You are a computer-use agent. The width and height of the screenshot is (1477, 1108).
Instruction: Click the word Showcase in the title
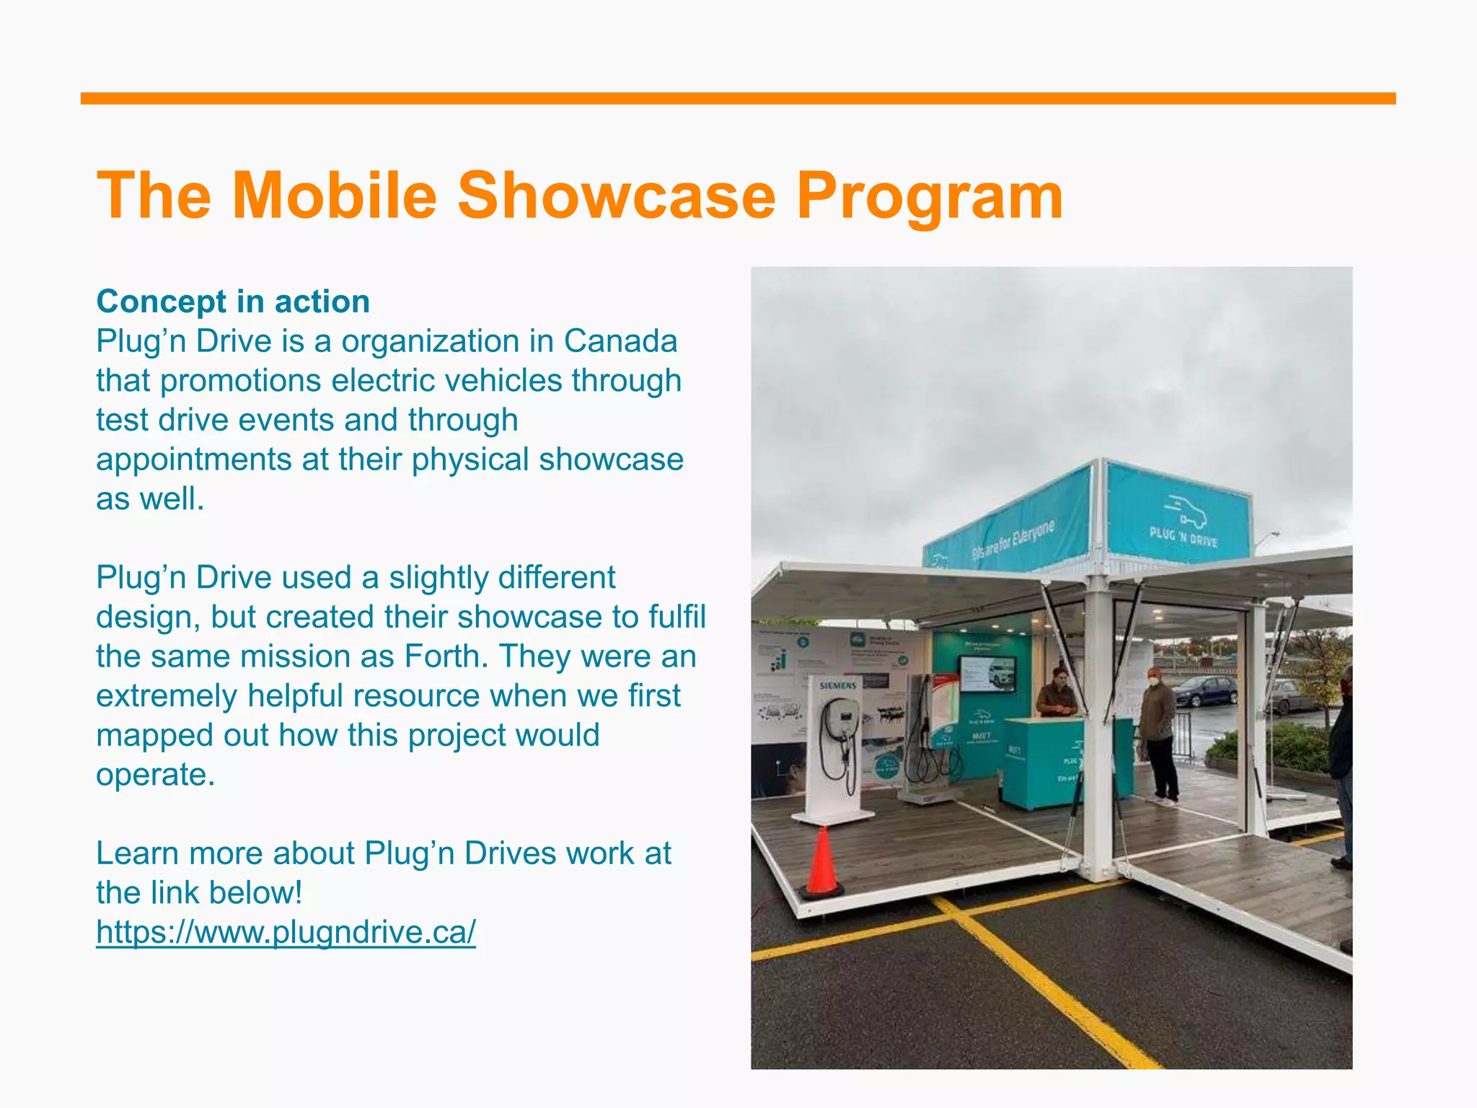click(x=617, y=195)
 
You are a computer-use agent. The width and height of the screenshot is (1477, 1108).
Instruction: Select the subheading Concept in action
click(x=233, y=302)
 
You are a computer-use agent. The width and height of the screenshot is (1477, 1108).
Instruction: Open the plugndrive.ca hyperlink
click(x=286, y=932)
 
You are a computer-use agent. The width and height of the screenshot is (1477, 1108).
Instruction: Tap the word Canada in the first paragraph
click(x=620, y=341)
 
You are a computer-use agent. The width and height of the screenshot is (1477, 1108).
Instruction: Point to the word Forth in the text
click(x=441, y=656)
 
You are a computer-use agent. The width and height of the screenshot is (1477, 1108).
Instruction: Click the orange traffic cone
click(x=822, y=863)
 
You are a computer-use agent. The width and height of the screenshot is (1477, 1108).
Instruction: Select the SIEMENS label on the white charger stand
click(x=838, y=685)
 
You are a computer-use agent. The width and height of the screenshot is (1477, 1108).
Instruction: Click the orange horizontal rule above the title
click(x=738, y=99)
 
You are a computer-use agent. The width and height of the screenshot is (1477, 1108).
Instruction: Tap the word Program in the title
click(x=930, y=195)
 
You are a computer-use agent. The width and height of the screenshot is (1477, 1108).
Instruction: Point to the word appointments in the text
click(x=193, y=460)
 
